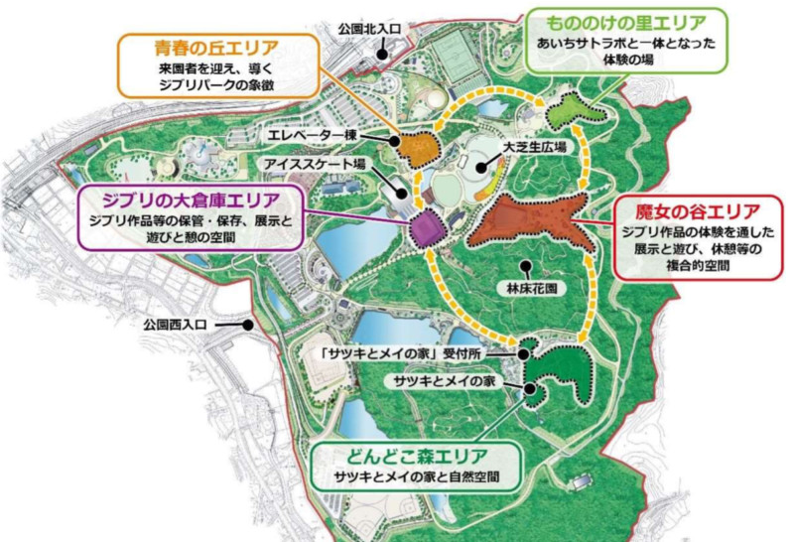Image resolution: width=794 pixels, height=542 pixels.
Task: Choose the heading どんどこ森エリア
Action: tap(415, 457)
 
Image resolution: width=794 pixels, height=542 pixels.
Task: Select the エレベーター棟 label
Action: tap(310, 133)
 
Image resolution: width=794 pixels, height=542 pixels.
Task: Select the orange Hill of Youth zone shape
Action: tap(420, 148)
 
